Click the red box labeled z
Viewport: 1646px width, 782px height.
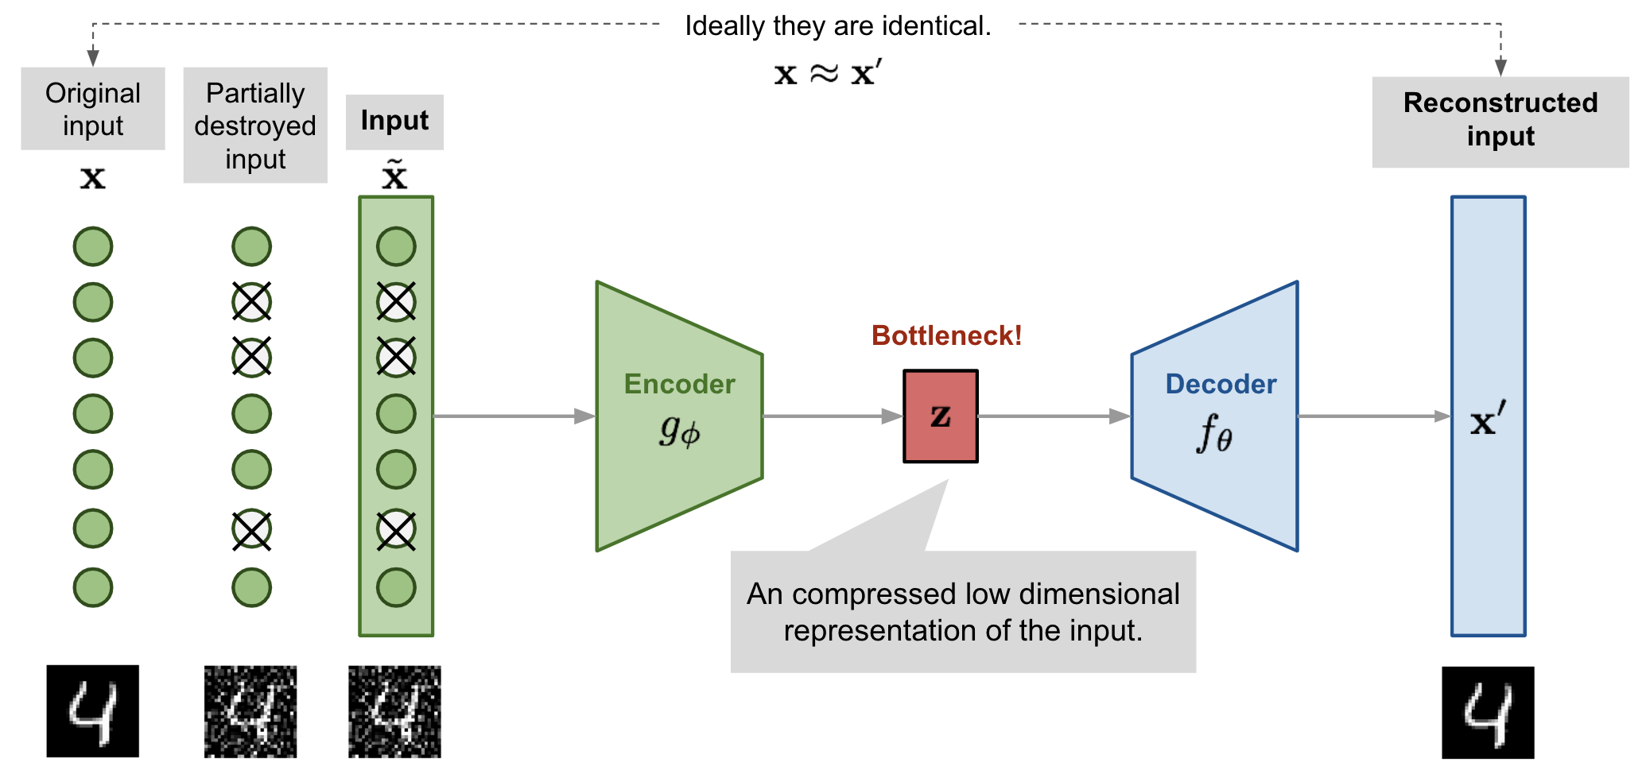click(940, 416)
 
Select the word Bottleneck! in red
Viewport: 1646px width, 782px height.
click(945, 335)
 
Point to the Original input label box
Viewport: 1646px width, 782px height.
click(93, 109)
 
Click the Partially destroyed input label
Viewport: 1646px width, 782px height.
click(255, 126)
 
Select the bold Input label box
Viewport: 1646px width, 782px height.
click(394, 122)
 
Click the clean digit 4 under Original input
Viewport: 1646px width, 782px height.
click(93, 711)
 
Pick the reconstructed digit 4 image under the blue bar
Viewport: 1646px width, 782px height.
click(1488, 712)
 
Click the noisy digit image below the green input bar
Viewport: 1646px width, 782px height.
click(394, 711)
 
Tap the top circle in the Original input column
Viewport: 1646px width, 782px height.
click(93, 246)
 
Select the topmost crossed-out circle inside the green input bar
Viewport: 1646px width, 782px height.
click(396, 302)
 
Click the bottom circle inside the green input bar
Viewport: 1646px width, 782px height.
click(396, 587)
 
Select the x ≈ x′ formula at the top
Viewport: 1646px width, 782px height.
click(828, 73)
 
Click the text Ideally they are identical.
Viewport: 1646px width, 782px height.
click(837, 26)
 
